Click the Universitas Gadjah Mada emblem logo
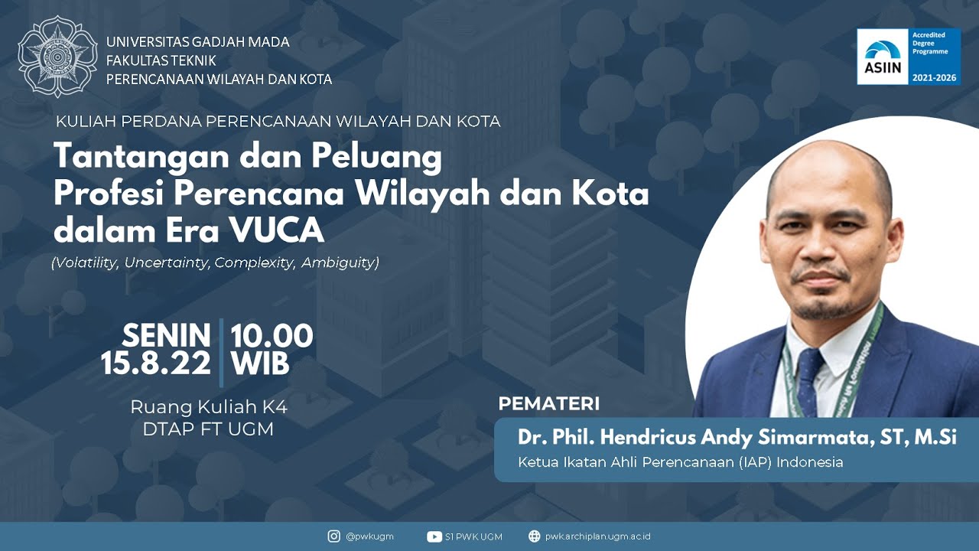(57, 57)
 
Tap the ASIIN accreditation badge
(908, 57)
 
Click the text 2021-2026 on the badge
(934, 78)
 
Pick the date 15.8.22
(156, 364)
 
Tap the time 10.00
(272, 336)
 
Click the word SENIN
(167, 336)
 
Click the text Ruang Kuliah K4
(209, 407)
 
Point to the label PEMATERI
(548, 404)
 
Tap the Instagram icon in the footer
(333, 536)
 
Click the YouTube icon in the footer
(434, 536)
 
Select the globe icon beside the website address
(534, 536)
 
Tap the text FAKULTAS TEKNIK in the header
(161, 60)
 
